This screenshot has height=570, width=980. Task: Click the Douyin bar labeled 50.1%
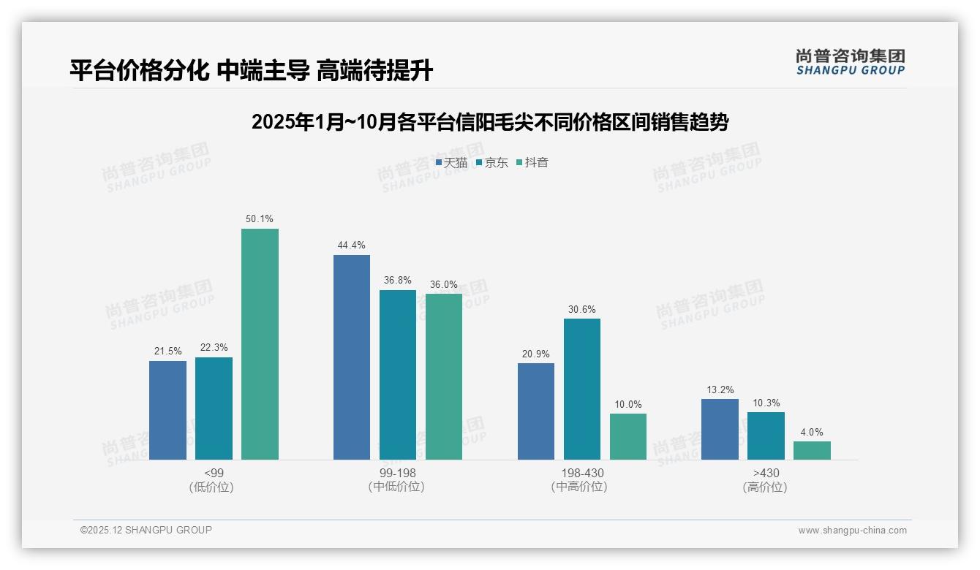260,343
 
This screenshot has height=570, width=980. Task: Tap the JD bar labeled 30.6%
582,389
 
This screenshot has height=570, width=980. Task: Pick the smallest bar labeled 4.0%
812,450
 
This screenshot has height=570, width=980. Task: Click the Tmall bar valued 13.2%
720,429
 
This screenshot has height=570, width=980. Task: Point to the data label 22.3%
214,348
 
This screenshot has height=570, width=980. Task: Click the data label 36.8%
398,281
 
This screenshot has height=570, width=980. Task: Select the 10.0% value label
628,405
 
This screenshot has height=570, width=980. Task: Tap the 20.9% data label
536,354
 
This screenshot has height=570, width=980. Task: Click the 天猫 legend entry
451,163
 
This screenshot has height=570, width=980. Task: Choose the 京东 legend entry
492,163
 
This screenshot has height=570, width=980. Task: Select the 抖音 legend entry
532,163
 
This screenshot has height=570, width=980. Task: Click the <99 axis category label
214,474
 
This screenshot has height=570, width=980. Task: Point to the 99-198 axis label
397,474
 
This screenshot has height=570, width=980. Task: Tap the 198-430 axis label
581,474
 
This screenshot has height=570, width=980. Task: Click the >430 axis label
766,474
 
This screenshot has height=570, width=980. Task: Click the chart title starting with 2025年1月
490,122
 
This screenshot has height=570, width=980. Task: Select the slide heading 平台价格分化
251,71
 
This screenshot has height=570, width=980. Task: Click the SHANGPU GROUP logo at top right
850,62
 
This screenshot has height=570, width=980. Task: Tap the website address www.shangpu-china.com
852,531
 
